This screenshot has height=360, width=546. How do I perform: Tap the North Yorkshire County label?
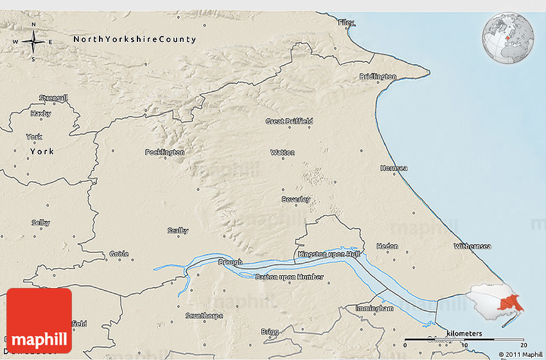[134, 39]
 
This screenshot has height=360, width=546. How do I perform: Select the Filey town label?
[346, 22]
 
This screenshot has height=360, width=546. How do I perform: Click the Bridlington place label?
[378, 76]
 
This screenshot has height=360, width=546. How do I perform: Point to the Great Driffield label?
[289, 121]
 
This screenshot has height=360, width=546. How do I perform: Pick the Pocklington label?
[165, 152]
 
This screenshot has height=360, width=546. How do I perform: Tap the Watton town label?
[283, 152]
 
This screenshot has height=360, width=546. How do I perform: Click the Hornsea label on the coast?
[394, 168]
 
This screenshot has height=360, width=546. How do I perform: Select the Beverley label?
[295, 199]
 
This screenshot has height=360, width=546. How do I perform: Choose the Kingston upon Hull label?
[328, 255]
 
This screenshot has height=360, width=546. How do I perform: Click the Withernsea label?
[472, 246]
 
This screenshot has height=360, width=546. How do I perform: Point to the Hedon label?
[387, 246]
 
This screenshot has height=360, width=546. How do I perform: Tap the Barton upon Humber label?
[289, 277]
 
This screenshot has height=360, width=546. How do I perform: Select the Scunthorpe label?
[203, 315]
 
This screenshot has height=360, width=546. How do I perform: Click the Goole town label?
[119, 254]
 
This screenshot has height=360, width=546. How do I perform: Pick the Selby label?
[40, 222]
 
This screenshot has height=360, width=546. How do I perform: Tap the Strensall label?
[53, 98]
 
